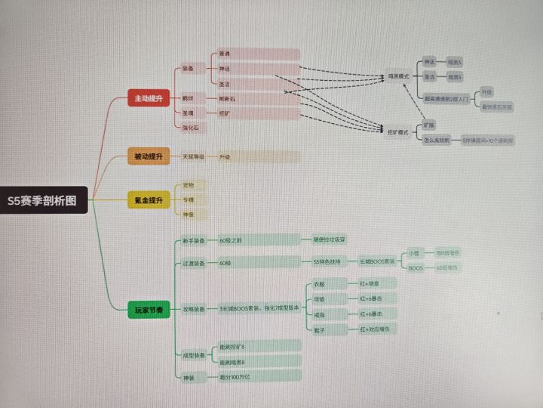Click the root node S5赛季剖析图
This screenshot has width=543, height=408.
tap(44, 201)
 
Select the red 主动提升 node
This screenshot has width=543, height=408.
tap(148, 99)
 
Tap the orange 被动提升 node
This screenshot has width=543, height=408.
tap(148, 157)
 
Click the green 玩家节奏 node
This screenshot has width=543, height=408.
tap(148, 311)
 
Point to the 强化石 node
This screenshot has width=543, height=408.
tap(190, 128)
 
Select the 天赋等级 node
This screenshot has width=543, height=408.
tap(193, 157)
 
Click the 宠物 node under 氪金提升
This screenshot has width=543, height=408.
tap(189, 185)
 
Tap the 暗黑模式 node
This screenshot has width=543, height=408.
tap(397, 76)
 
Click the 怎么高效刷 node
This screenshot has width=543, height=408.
tap(437, 141)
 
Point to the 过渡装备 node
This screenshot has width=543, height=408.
tap(193, 262)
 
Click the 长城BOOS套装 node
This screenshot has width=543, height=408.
tap(376, 262)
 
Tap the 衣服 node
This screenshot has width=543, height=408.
tap(319, 285)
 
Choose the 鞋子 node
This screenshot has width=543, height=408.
tap(319, 330)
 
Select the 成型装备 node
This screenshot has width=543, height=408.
tap(193, 355)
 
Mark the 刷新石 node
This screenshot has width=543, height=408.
tap(228, 98)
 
